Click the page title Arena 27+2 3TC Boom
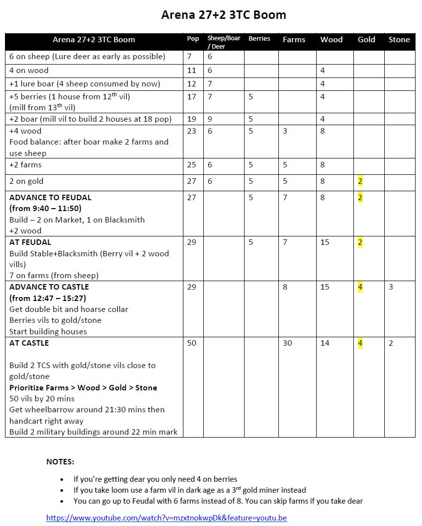[224, 15]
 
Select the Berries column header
[259, 39]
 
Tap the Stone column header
[399, 40]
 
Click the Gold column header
[366, 40]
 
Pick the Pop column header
[193, 39]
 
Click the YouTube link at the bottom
[167, 518]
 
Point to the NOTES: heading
[60, 461]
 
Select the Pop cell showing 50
[192, 343]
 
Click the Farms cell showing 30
[287, 343]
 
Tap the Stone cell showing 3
[391, 287]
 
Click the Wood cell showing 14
[325, 343]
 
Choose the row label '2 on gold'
[26, 181]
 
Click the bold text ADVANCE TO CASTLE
[49, 287]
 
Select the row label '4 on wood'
[29, 71]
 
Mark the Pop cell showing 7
[189, 57]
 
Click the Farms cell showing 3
[285, 131]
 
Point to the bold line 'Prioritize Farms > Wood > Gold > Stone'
[83, 387]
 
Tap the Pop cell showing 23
[192, 131]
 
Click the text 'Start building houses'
[48, 331]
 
